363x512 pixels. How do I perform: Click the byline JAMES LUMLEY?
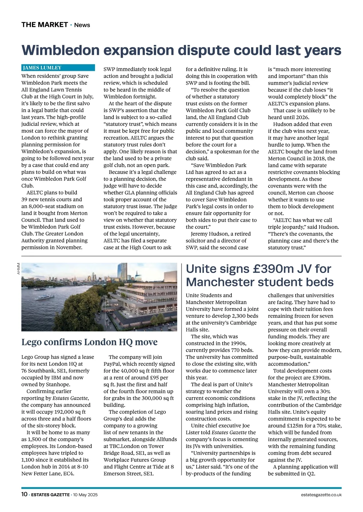[42, 68]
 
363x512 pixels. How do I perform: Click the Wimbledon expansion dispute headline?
[181, 50]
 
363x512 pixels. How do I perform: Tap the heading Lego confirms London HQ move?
[90, 342]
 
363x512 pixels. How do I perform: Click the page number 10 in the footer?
[24, 494]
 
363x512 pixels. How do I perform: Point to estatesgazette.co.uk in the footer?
[321, 495]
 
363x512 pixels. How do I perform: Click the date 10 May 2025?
[85, 495]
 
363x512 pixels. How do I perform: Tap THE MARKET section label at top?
[44, 25]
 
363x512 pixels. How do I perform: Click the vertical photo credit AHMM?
[18, 269]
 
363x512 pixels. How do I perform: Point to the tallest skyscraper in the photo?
[124, 271]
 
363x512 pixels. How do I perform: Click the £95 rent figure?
[154, 378]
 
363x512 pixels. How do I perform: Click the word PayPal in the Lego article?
[112, 364]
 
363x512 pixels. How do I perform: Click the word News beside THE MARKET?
[82, 25]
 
